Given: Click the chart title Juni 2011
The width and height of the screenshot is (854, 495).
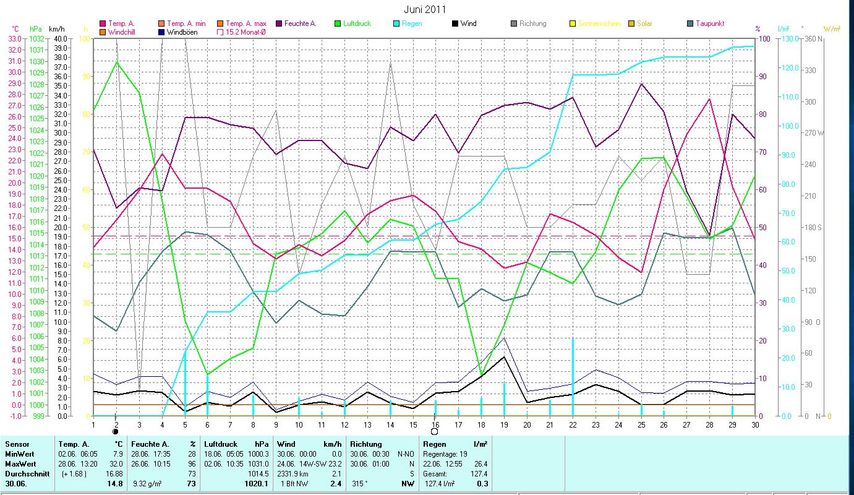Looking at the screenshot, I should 425,9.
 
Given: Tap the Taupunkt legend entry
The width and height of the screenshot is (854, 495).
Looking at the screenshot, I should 709,24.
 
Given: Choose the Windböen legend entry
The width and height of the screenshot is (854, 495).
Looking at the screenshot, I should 182,32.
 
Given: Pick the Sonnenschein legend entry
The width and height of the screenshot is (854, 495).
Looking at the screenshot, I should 599,24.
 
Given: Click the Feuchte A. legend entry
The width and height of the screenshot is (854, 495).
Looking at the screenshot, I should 299,24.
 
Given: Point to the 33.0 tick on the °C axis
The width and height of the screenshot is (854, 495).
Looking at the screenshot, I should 15,38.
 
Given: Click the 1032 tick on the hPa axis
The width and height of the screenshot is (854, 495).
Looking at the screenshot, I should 36,38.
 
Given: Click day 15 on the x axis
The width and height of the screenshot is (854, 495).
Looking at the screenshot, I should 413,424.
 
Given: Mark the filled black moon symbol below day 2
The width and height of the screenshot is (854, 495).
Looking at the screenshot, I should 116,431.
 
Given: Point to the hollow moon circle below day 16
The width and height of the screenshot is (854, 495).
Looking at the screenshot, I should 435,431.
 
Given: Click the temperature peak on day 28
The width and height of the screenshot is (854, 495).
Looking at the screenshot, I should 709,99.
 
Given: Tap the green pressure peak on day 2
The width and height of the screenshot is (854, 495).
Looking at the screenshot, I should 116,62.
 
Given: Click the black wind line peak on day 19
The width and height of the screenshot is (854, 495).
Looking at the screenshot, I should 504,357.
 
